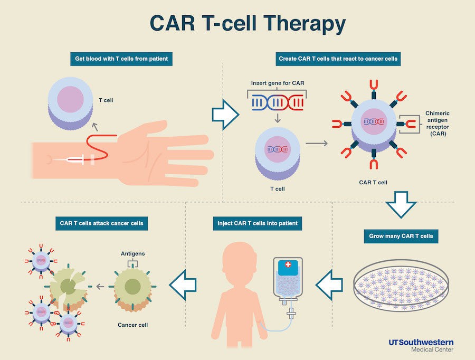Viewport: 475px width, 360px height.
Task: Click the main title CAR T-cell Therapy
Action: pos(248,23)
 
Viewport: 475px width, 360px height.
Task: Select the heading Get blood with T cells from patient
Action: pos(121,59)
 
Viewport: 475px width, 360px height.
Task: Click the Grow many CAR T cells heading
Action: pos(401,236)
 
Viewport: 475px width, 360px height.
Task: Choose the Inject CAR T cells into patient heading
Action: pos(258,223)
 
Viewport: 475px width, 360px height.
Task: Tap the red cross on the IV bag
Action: pos(288,264)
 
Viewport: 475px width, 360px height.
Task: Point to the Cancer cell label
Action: pos(132,325)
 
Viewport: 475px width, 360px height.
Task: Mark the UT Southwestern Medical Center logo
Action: pos(421,345)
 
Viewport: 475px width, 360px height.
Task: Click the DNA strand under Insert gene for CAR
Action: pos(277,101)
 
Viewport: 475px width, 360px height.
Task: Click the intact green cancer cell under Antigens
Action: pos(132,287)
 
